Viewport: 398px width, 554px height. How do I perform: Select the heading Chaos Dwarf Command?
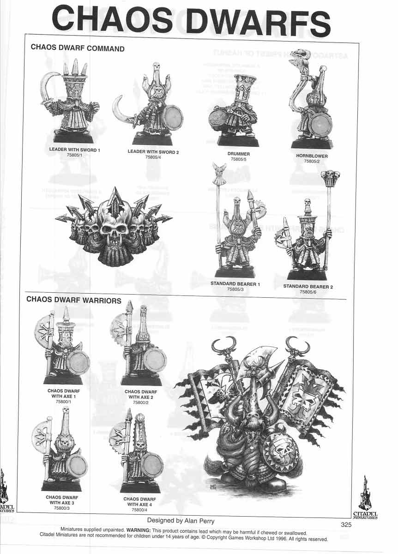click(x=78, y=48)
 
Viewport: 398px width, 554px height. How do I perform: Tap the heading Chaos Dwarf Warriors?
click(x=74, y=300)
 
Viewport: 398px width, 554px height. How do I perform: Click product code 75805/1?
click(x=74, y=155)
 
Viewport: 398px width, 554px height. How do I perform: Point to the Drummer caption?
click(x=239, y=154)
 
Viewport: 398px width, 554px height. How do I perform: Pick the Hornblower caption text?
click(x=312, y=156)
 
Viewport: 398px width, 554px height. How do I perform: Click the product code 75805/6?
click(x=308, y=292)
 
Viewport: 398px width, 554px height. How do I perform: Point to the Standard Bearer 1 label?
click(x=235, y=284)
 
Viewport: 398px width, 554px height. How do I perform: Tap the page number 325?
click(x=346, y=524)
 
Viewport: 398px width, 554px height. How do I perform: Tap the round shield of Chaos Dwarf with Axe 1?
click(x=78, y=362)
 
